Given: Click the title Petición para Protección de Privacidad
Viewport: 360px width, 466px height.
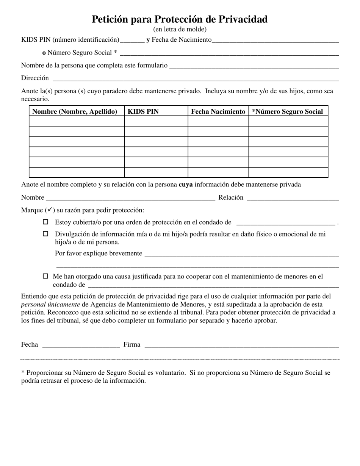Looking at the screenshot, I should coord(180,19).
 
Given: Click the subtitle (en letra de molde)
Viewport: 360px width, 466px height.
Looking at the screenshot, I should coord(180,29).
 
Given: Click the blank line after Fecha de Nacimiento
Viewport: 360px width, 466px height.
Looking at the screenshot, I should coord(275,40).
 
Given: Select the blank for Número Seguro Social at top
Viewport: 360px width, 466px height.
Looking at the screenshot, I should coord(229,53).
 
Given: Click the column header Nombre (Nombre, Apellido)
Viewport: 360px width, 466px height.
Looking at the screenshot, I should coord(75,111).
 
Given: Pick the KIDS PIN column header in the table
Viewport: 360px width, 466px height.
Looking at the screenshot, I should coord(143,111).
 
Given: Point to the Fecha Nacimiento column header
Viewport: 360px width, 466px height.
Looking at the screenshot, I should coord(218,111).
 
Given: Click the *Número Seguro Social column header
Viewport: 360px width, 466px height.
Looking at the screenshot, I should coord(288,111).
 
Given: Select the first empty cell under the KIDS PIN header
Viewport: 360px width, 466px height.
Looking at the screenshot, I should coord(156,121).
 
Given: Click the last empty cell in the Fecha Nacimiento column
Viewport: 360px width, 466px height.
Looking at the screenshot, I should coord(218,172).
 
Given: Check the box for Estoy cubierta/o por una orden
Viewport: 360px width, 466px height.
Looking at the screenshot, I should coord(45,222).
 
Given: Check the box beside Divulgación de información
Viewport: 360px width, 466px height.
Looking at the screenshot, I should coord(45,234).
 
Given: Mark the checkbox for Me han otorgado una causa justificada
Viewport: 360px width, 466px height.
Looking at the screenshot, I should coord(45,276).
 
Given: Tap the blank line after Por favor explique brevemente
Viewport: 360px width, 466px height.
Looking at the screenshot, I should coord(241,254).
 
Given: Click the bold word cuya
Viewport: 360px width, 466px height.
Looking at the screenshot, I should coord(186,185).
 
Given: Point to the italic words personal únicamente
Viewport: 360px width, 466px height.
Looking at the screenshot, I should coord(50,304).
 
